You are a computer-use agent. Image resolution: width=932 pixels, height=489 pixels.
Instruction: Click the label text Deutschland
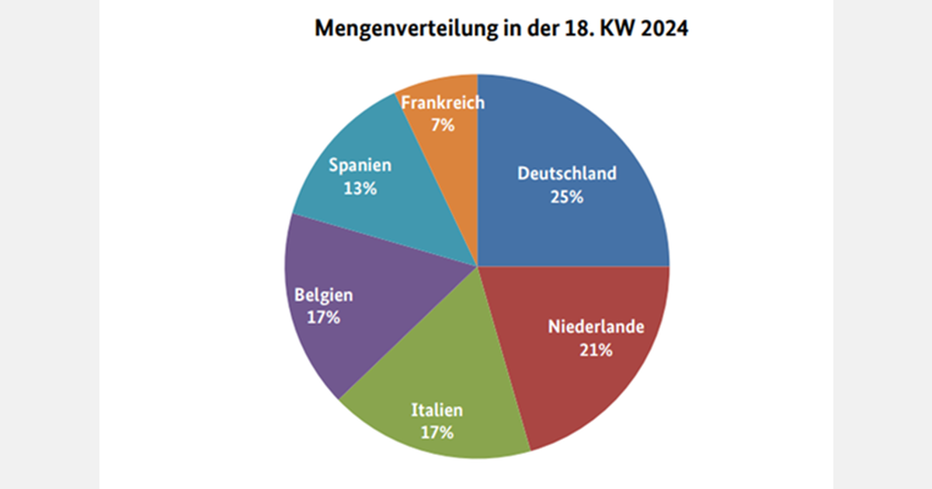click(567, 172)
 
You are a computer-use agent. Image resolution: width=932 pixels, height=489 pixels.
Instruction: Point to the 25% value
click(567, 196)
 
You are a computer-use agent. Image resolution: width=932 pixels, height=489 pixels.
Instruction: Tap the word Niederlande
click(596, 326)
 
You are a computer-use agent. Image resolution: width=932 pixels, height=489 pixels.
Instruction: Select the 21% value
click(596, 350)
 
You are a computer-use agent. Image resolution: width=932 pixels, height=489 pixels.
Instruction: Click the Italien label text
click(437, 409)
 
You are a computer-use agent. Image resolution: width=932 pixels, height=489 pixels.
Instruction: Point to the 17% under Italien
click(437, 432)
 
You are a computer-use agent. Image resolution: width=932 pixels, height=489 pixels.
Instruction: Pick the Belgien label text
click(323, 294)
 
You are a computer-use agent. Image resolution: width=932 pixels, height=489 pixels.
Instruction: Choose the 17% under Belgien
click(323, 317)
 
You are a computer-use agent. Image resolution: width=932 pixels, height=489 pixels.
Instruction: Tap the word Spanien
click(360, 165)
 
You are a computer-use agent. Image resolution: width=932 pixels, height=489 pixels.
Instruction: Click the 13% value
click(360, 188)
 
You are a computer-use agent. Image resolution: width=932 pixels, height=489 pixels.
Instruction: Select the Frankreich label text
click(443, 102)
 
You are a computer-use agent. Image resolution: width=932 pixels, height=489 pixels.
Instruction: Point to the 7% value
click(443, 124)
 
